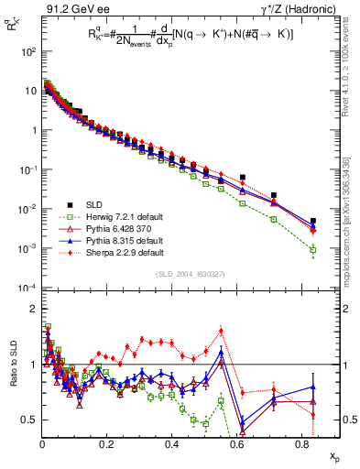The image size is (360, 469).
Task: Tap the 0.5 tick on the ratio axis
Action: pyautogui.click(x=28, y=420)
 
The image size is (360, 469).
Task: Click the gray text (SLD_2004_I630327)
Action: pyautogui.click(x=182, y=274)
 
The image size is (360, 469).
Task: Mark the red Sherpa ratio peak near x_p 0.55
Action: pyautogui.click(x=221, y=331)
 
